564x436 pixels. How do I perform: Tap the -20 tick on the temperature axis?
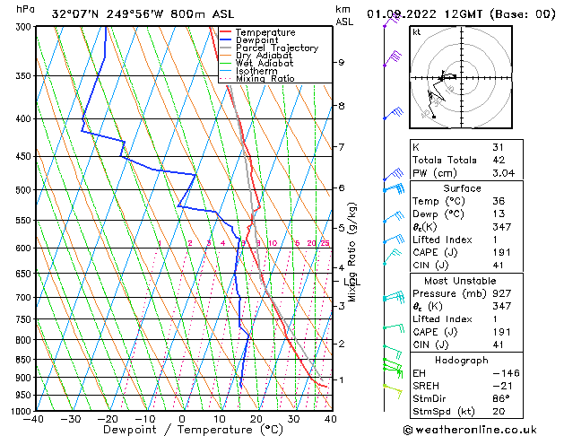(107, 419)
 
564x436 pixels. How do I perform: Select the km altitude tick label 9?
(341, 63)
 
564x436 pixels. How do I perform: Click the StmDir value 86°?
(502, 397)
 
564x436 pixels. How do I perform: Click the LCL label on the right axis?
(351, 283)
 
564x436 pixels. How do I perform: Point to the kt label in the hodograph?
(417, 31)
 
